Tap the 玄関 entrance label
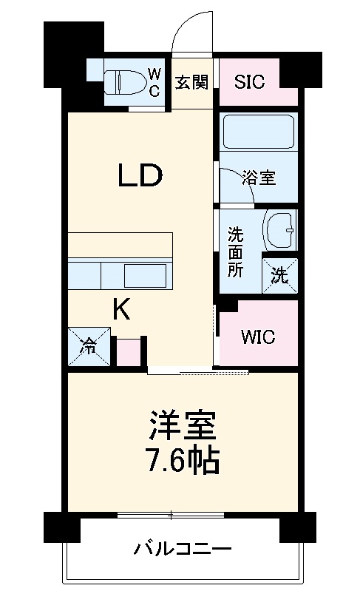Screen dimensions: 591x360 click(x=191, y=82)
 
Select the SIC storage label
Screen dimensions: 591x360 click(x=250, y=82)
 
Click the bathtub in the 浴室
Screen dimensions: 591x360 click(x=259, y=132)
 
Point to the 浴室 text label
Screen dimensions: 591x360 click(x=259, y=178)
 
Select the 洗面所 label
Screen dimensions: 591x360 click(x=234, y=251)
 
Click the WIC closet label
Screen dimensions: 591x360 click(x=258, y=337)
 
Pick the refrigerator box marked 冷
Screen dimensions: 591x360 click(x=88, y=345)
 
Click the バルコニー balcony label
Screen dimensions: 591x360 click(x=183, y=550)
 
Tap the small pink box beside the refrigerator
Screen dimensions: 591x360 click(x=128, y=352)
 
